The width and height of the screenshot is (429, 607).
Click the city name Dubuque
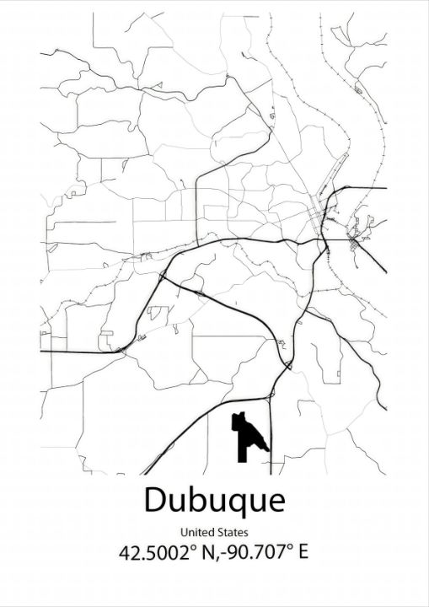[214, 500]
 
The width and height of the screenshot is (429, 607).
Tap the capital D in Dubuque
[154, 500]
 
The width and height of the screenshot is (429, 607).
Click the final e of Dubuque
[275, 502]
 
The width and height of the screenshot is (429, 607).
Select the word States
[233, 532]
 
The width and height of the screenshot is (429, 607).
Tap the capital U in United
[182, 532]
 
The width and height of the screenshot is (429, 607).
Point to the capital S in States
[220, 532]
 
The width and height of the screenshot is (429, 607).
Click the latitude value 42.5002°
[159, 554]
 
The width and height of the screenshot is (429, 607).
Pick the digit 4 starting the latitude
[126, 554]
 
